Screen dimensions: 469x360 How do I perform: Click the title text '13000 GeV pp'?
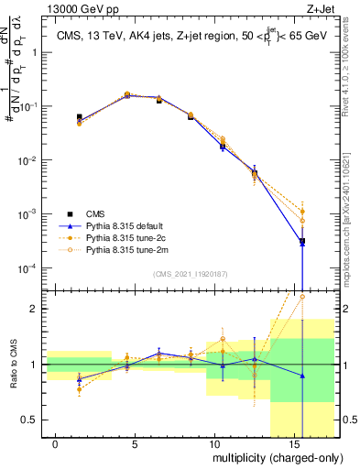point(76,8)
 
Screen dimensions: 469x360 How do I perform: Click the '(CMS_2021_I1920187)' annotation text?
point(191,274)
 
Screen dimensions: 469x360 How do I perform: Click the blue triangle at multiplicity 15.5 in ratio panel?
point(302,376)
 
